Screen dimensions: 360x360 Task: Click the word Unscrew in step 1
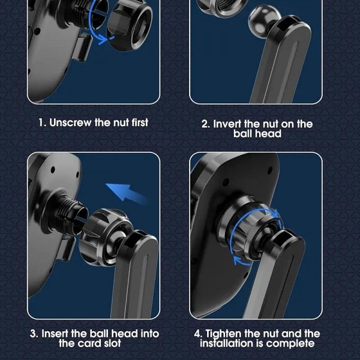pos(70,122)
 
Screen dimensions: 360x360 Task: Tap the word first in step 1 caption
pos(140,122)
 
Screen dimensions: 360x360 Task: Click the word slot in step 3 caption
pos(111,343)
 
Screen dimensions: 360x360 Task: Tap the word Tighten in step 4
pos(224,334)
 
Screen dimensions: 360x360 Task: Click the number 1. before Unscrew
pos(43,122)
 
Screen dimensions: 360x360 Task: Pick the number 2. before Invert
pos(206,124)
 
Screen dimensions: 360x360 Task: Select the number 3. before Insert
pos(34,334)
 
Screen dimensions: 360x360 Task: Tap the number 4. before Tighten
pos(198,334)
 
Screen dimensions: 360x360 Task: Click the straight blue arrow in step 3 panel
pos(126,193)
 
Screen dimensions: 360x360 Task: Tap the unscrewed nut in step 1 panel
pos(130,25)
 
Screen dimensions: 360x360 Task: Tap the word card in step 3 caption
pos(88,343)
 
